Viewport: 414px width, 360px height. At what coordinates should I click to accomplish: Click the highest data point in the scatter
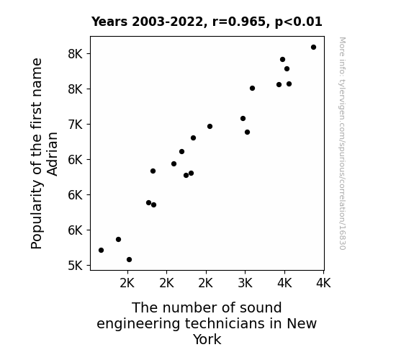313,48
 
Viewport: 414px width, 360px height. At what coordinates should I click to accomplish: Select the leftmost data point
101,250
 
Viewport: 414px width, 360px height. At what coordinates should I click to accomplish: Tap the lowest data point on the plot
129,260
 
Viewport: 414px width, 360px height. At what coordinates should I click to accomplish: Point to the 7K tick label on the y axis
76,125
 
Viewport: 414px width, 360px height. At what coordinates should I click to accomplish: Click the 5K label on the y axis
76,266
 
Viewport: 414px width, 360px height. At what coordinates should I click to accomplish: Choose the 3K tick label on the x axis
246,284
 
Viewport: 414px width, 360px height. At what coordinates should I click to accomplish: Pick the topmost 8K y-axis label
76,54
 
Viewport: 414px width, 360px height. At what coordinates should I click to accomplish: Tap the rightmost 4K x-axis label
323,284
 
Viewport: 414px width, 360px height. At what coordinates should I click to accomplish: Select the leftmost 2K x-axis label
127,284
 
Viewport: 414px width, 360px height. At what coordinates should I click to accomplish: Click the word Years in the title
109,22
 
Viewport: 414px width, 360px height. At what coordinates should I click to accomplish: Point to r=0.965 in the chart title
239,22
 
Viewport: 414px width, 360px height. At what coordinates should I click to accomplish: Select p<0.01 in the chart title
299,22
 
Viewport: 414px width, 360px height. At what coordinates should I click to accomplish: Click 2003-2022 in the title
167,22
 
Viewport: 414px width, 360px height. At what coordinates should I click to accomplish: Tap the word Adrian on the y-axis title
53,154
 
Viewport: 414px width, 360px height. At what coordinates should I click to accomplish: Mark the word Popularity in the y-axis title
37,215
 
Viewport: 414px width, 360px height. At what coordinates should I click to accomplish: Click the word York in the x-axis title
207,339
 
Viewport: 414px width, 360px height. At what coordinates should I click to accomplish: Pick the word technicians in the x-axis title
225,323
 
